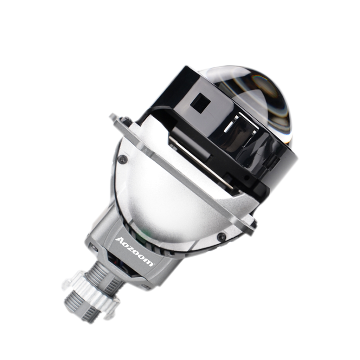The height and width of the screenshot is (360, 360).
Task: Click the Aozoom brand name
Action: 134,250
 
